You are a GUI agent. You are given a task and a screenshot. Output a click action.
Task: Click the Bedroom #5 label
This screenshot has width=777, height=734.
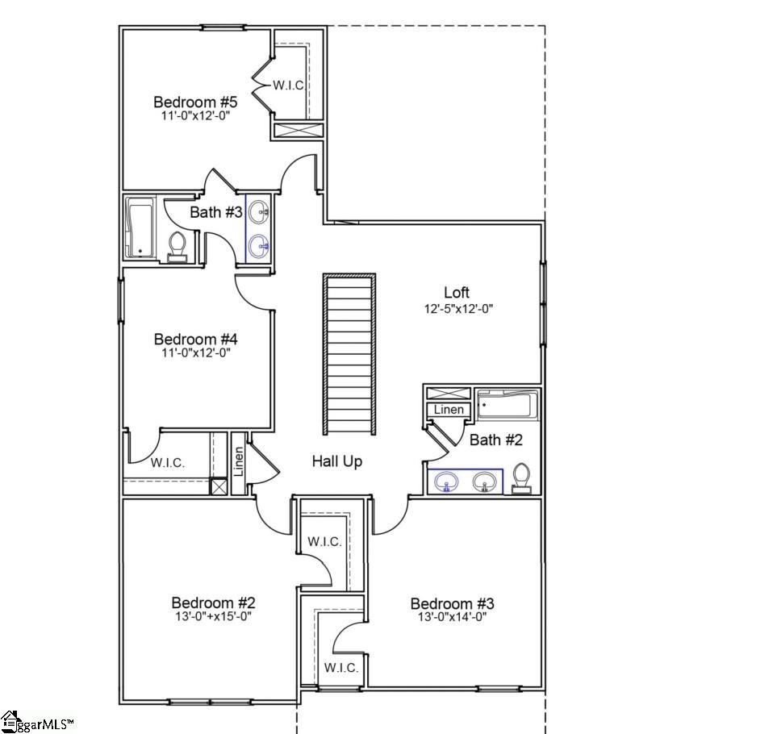[x=195, y=102]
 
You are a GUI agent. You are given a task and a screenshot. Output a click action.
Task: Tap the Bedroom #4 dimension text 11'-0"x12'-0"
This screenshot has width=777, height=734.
[x=195, y=352]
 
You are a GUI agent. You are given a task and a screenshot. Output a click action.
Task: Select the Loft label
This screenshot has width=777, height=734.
[x=457, y=293]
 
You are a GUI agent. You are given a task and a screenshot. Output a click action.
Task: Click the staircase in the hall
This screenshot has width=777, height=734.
[x=349, y=353]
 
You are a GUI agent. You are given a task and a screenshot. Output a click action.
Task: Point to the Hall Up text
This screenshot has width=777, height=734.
[x=337, y=461]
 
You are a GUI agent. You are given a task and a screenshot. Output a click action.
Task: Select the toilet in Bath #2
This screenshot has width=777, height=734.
[x=521, y=478]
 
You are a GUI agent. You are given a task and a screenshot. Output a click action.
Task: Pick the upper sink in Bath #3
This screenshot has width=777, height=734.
[x=259, y=214]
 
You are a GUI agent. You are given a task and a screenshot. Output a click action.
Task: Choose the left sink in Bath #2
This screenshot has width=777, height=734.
[x=446, y=482]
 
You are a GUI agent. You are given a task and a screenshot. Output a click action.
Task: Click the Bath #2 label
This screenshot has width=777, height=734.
[x=496, y=440]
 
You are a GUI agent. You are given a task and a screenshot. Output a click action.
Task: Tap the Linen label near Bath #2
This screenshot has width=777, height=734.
[x=449, y=410]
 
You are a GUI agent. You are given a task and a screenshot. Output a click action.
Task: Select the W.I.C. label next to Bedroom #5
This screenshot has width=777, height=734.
[x=288, y=85]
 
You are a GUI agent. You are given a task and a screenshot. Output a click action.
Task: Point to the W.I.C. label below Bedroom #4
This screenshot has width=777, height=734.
[x=168, y=463]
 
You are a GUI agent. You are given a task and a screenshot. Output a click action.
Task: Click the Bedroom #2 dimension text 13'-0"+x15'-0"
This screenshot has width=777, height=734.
[x=214, y=617]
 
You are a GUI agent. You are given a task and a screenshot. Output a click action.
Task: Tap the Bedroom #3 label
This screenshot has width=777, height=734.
[x=452, y=604]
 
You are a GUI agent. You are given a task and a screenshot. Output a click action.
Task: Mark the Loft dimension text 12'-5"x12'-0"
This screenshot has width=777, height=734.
[x=457, y=308]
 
